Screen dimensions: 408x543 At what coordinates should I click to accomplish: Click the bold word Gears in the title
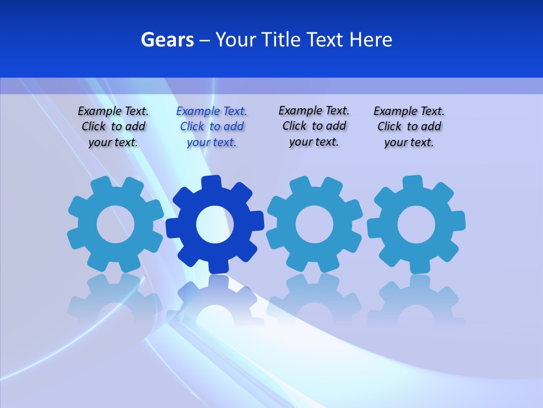(167, 40)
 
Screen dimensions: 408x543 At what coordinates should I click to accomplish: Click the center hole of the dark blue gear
(215, 224)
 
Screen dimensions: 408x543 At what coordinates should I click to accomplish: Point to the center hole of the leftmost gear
(115, 224)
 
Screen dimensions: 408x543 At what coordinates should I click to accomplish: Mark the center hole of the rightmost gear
(416, 224)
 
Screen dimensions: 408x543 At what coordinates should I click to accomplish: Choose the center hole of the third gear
(314, 224)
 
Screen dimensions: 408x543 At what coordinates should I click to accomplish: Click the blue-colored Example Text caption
(212, 127)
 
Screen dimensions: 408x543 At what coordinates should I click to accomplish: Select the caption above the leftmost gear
(113, 127)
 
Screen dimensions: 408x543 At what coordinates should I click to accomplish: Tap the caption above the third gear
(314, 126)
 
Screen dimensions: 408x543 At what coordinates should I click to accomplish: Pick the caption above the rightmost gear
(409, 127)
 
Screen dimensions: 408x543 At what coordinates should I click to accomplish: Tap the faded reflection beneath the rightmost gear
(416, 300)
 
